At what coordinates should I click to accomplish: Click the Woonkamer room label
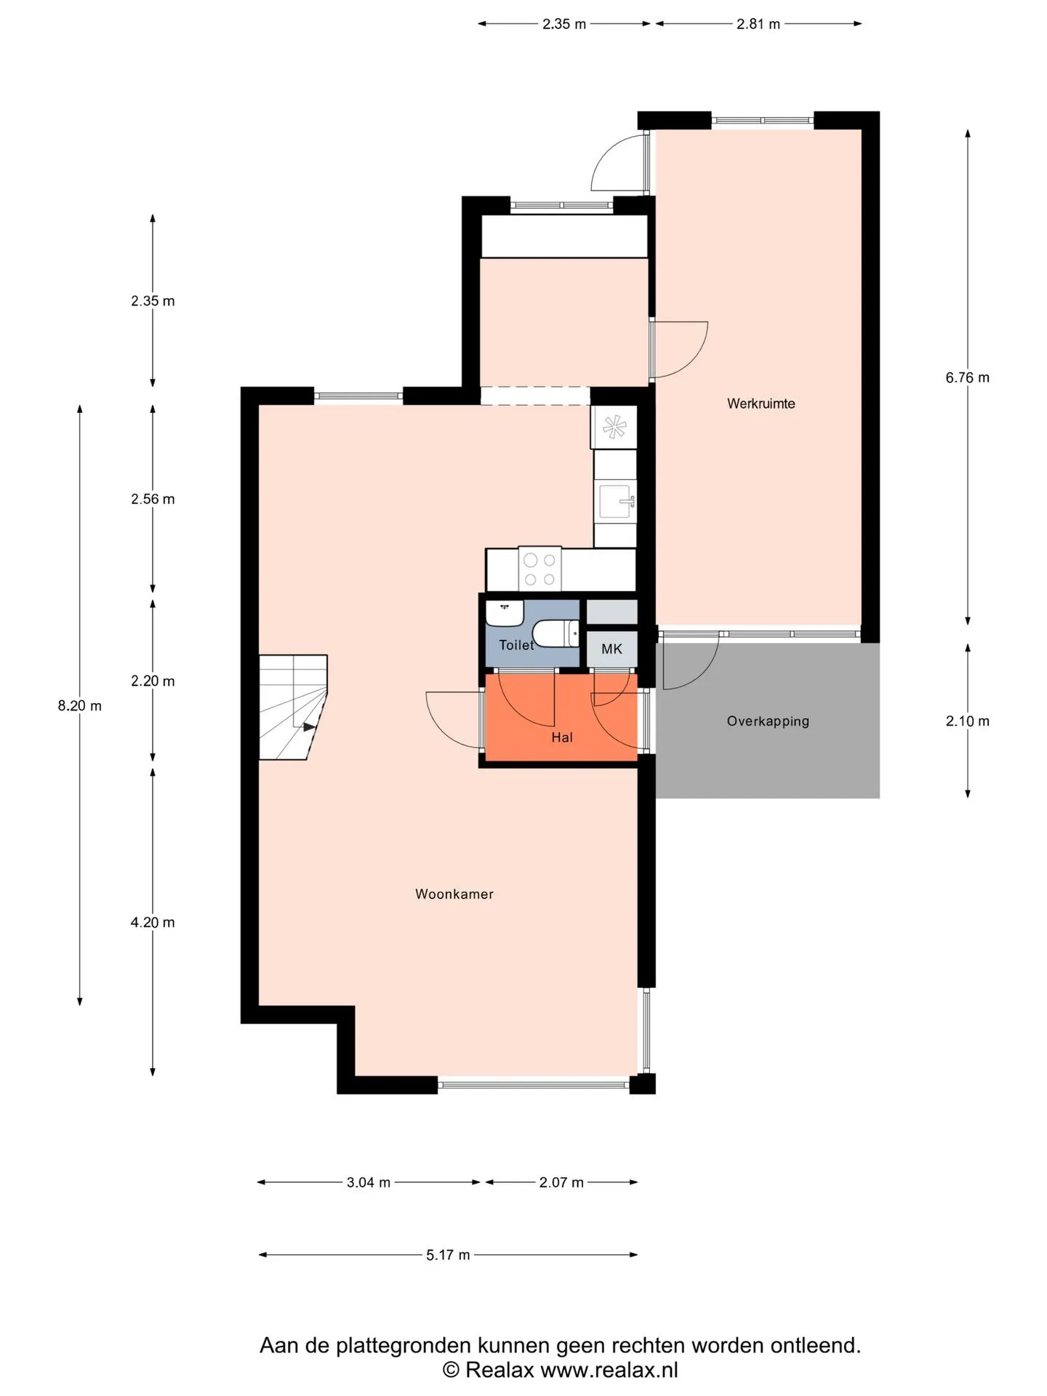pyautogui.click(x=454, y=894)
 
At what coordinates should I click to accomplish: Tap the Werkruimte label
pyautogui.click(x=761, y=404)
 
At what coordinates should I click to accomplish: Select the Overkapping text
pyautogui.click(x=768, y=721)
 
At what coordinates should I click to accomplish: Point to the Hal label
pyautogui.click(x=562, y=737)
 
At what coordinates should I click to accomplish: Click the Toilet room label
pyautogui.click(x=516, y=645)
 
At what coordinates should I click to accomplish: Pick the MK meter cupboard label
pyautogui.click(x=611, y=649)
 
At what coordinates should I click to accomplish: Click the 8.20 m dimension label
pyautogui.click(x=80, y=705)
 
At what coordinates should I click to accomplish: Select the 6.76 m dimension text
pyautogui.click(x=967, y=377)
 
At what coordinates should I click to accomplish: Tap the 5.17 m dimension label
pyautogui.click(x=448, y=1255)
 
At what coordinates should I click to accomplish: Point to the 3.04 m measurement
pyautogui.click(x=369, y=1182)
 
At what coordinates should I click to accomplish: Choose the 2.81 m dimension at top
pyautogui.click(x=758, y=24)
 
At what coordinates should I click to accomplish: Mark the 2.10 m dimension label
pyautogui.click(x=967, y=721)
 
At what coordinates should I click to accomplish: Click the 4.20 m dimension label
pyautogui.click(x=153, y=922)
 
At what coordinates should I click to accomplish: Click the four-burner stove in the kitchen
pyautogui.click(x=539, y=569)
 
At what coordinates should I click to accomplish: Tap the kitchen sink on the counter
pyautogui.click(x=615, y=500)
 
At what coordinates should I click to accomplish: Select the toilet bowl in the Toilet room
pyautogui.click(x=556, y=633)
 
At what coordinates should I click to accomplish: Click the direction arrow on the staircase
pyautogui.click(x=310, y=726)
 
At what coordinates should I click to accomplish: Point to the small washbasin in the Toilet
pyautogui.click(x=505, y=613)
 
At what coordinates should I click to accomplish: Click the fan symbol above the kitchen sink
pyautogui.click(x=614, y=427)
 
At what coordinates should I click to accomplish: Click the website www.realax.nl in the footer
pyautogui.click(x=609, y=1370)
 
